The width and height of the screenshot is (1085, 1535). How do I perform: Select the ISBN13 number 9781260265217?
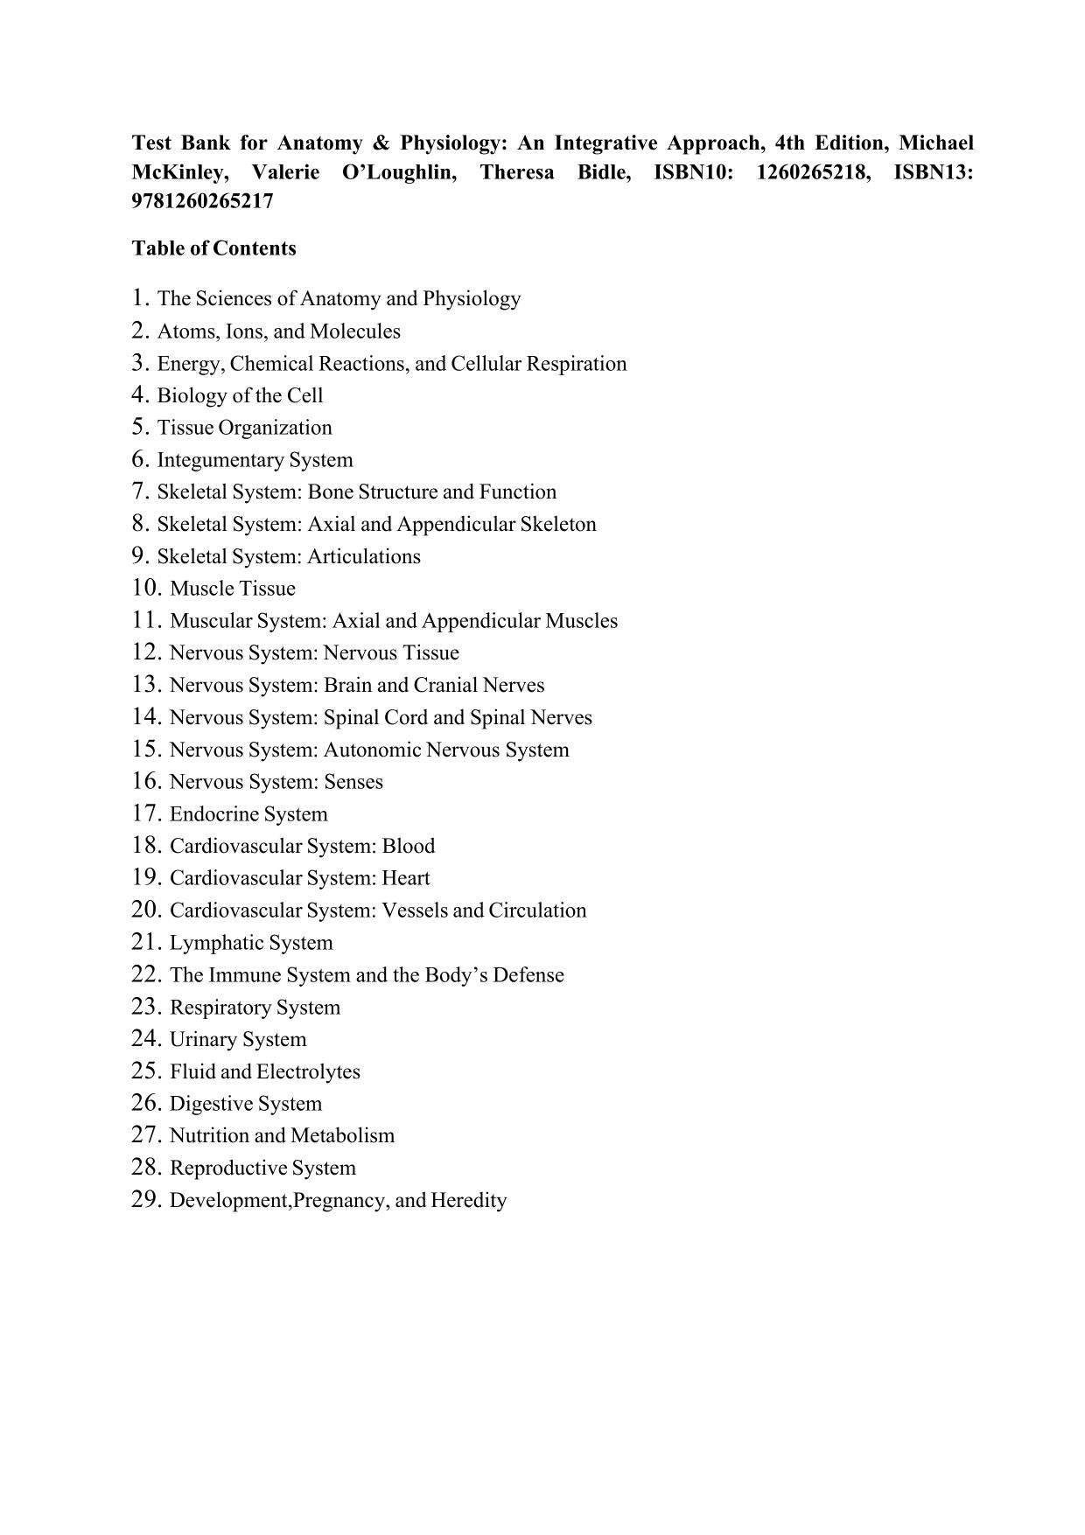click(x=202, y=201)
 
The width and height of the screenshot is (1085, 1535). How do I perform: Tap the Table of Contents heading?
click(x=213, y=248)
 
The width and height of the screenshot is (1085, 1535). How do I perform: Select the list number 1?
click(x=141, y=298)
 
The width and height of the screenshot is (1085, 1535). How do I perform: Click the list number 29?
click(x=147, y=1199)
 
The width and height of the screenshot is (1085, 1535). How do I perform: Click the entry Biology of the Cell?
click(x=240, y=395)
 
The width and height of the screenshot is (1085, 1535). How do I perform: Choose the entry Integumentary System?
click(x=255, y=460)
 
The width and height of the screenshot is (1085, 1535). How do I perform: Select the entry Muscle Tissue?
click(x=232, y=589)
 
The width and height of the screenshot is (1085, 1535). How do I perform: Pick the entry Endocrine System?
click(x=248, y=814)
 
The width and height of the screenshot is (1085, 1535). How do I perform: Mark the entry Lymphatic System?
click(x=251, y=943)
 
